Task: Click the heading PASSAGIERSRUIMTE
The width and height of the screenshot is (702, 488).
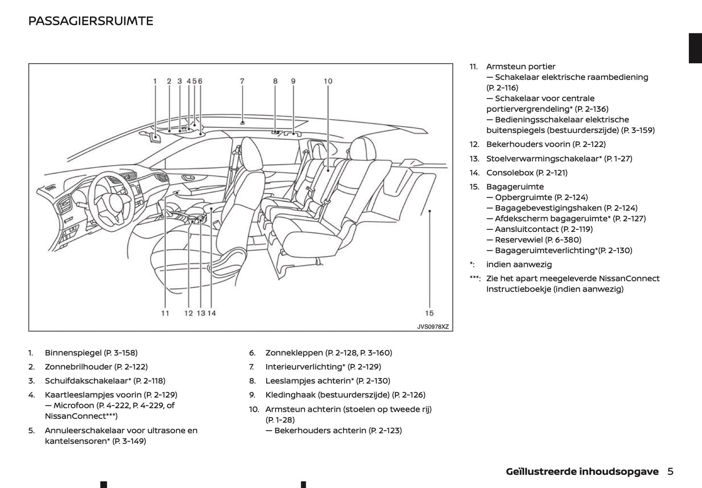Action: coord(91,21)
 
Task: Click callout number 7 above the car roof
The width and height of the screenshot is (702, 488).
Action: coord(242,81)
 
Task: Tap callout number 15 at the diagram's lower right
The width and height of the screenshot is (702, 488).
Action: coord(429,313)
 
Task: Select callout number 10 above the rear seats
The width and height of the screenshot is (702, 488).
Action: coord(328,81)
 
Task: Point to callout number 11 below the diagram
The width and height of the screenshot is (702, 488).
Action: coord(165,313)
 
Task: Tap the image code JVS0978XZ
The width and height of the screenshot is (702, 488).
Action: coord(433,327)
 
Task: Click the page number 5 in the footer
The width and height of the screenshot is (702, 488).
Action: coord(670,471)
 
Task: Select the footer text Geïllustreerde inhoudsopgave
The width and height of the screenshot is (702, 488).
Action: coord(582,471)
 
